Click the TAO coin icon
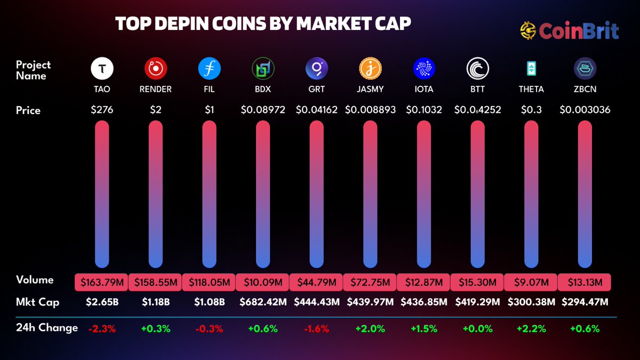click(x=102, y=68)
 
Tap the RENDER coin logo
click(x=156, y=68)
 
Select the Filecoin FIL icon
click(x=209, y=68)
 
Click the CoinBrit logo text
click(x=579, y=31)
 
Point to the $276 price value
click(x=102, y=110)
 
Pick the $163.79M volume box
click(x=102, y=282)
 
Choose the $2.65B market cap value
click(x=102, y=302)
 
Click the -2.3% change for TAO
click(x=102, y=329)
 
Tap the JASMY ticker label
click(x=370, y=89)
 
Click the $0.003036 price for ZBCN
click(x=585, y=110)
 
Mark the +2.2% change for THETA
click(x=531, y=329)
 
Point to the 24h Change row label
click(x=47, y=327)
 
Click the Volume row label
click(x=35, y=280)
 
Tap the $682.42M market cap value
click(x=263, y=302)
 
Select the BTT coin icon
click(x=477, y=68)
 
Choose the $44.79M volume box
click(x=316, y=282)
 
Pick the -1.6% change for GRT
click(x=316, y=329)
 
